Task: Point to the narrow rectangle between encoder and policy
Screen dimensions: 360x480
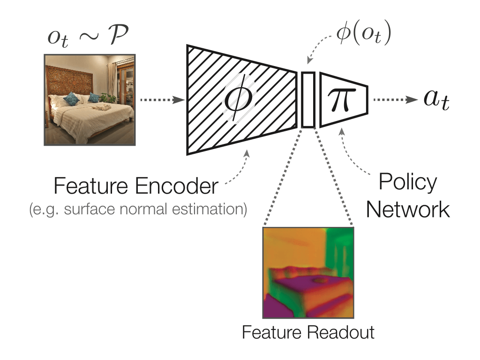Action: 307,99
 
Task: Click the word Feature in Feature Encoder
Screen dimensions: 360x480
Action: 90,187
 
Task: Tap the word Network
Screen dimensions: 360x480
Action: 407,210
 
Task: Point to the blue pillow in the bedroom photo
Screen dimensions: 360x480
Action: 72,98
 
